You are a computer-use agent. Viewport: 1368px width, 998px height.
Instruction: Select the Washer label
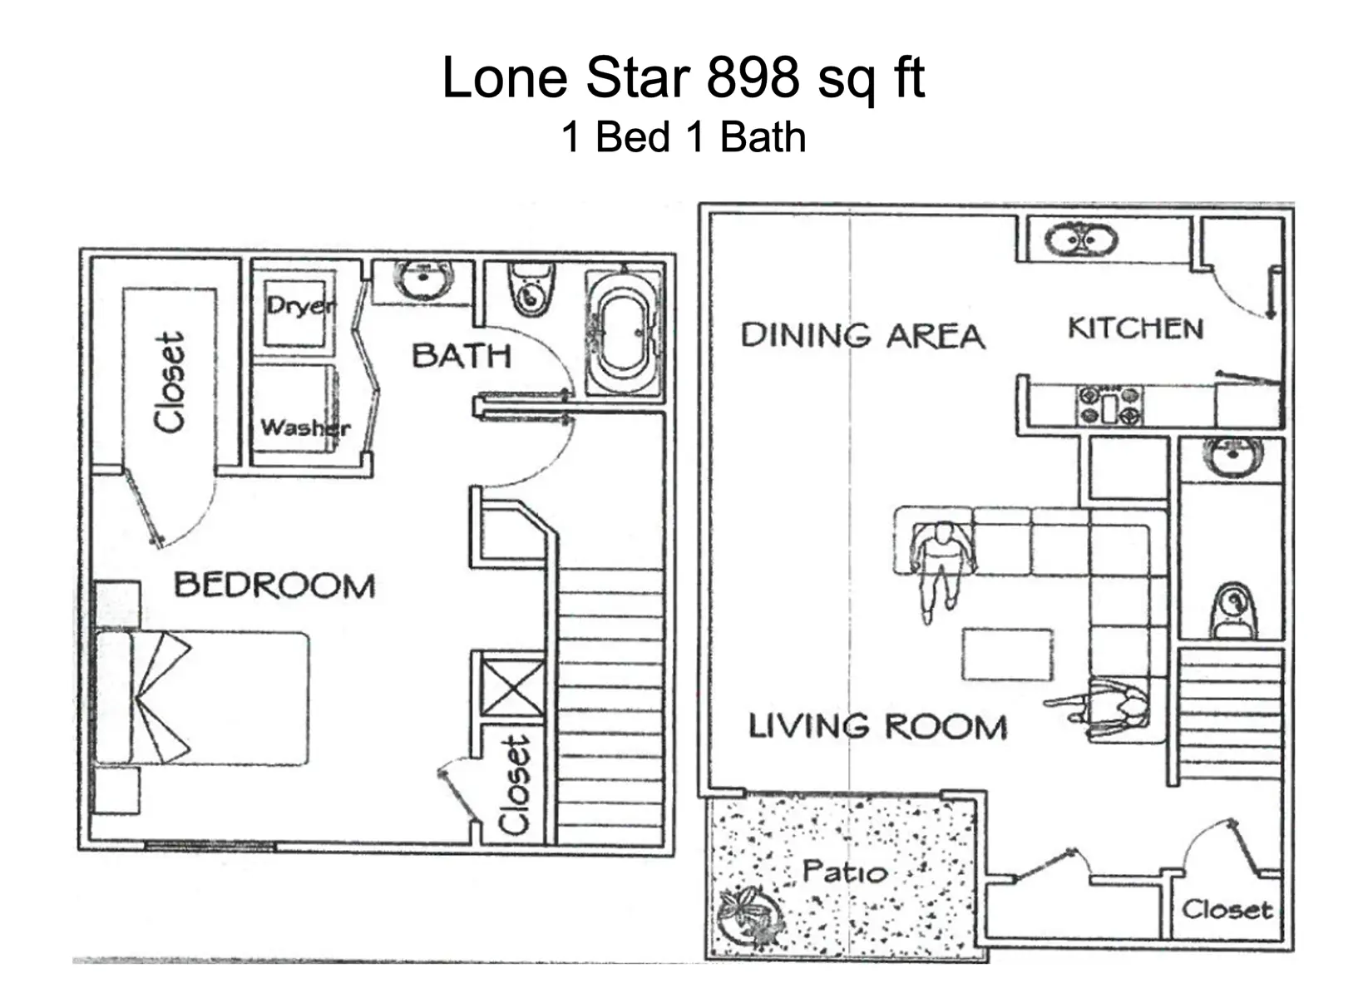pos(305,427)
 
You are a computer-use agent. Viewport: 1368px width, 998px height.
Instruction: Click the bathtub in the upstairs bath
pos(625,333)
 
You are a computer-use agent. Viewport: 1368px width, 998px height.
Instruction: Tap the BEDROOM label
pos(274,585)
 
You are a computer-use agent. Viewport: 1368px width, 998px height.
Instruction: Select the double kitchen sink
pos(1081,242)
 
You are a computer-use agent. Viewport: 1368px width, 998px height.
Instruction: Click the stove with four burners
pos(1110,406)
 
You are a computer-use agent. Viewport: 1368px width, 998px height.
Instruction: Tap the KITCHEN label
pos(1135,329)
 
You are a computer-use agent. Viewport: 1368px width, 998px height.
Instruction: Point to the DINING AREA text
pos(862,336)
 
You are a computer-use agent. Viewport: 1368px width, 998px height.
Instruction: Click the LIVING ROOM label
pos(877,727)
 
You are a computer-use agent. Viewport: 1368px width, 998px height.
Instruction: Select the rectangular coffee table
pos(1007,655)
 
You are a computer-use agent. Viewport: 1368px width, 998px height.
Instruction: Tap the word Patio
pos(844,872)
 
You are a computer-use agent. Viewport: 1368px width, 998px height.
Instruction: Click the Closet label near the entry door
pos(1227,910)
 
